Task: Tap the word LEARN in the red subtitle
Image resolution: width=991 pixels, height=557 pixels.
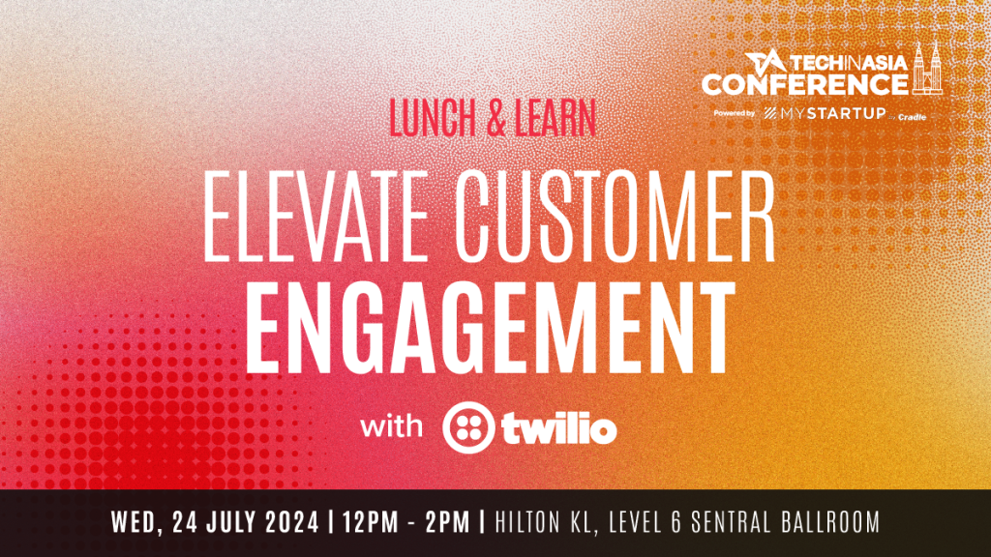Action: tap(555, 117)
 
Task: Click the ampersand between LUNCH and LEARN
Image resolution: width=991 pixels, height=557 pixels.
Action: tap(489, 117)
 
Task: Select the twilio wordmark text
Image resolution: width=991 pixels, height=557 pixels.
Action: tap(558, 428)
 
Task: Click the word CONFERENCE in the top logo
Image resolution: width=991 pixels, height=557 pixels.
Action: tap(804, 84)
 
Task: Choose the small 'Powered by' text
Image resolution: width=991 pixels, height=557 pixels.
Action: tap(734, 114)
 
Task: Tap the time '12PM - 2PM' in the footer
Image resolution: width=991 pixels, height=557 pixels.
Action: tap(405, 523)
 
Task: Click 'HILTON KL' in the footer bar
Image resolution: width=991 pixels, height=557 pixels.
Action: tap(540, 523)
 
